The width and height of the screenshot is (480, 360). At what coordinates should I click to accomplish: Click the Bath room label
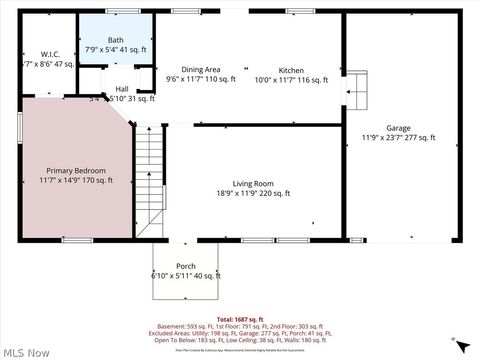coord(116,40)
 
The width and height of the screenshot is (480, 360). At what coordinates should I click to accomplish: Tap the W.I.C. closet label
coord(49,53)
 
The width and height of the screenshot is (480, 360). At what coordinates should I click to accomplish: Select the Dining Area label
coord(200,70)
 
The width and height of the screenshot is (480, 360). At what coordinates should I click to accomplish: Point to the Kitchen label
coord(291,70)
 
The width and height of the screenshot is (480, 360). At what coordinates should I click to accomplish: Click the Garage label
coord(399,129)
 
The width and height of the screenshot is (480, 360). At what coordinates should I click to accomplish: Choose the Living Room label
coord(253,184)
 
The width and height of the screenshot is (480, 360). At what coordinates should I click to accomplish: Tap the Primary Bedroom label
coord(75,170)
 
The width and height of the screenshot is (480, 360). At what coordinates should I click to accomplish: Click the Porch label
coord(185,266)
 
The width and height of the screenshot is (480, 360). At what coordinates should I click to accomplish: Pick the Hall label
coord(122,89)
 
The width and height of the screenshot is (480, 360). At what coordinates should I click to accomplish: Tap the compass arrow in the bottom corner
coord(460,346)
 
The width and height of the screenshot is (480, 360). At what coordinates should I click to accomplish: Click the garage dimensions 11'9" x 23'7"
coord(399,138)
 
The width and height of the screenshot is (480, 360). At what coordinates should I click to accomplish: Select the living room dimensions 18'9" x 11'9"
coord(253,193)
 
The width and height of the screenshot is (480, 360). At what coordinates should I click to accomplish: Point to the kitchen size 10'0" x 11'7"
coord(291,79)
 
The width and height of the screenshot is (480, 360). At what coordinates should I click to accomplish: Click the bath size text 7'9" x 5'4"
coord(115,49)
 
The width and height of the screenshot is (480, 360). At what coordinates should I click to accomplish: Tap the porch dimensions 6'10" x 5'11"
coord(185,275)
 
